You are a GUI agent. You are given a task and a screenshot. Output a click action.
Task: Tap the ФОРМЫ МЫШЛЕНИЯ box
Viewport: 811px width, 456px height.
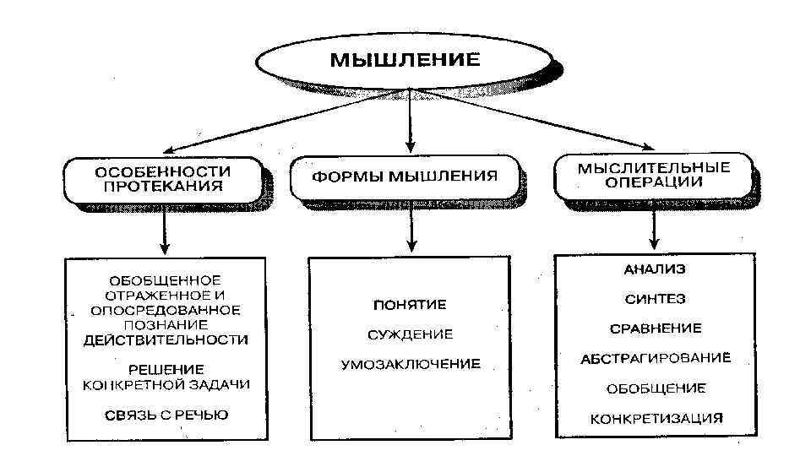click(405, 177)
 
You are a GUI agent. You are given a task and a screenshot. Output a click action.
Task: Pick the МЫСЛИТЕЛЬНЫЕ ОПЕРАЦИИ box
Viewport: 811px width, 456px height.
click(653, 175)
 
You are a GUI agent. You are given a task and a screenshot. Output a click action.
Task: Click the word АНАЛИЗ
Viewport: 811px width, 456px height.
click(655, 270)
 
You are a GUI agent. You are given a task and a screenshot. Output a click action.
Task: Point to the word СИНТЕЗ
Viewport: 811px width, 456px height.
click(655, 299)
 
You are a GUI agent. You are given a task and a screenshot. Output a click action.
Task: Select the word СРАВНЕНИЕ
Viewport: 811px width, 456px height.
click(655, 328)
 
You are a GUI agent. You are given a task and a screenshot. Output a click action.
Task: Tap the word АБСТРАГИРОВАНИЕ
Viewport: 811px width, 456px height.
click(655, 359)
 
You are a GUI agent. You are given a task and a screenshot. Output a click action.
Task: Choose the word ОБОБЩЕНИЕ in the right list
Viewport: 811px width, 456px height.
click(655, 388)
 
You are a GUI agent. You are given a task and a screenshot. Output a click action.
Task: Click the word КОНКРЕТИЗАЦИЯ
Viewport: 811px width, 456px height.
click(656, 418)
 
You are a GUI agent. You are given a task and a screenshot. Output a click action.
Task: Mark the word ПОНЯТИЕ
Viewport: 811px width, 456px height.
click(410, 304)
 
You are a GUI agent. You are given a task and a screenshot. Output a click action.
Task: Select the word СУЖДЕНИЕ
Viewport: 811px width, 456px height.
click(410, 334)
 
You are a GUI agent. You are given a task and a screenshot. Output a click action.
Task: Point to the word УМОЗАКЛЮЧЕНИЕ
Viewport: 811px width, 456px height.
click(411, 365)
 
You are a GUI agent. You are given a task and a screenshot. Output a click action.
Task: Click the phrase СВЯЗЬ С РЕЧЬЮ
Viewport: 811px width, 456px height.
click(166, 415)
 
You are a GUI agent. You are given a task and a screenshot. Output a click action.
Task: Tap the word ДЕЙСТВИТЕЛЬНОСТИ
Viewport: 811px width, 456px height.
click(166, 339)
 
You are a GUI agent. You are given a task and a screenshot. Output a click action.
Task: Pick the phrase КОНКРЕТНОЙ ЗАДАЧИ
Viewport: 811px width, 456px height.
click(166, 384)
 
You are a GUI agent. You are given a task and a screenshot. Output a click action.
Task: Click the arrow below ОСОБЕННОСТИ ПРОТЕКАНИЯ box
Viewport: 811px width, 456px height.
click(166, 230)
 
